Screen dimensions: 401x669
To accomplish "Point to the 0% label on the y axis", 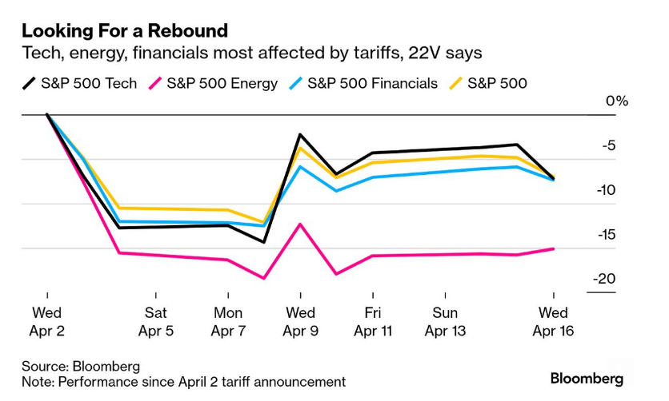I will pos(617,101).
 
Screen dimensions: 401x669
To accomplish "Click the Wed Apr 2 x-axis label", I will pos(47,321).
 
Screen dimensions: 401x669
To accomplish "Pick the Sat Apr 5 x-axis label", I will pos(155,321).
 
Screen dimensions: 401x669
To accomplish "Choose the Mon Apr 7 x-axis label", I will pos(228,321).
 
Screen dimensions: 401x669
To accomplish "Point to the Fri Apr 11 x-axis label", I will pos(372,321).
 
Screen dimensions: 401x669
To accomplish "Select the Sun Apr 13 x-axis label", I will pos(445,321).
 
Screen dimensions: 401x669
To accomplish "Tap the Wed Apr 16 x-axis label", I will pos(554,321).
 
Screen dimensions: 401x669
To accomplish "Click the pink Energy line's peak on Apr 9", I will pos(300,224).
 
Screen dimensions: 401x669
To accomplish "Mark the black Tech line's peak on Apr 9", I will pos(300,134).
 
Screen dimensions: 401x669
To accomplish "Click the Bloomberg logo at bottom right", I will pos(587,378).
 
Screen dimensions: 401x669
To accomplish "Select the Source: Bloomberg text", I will pos(81,366).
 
